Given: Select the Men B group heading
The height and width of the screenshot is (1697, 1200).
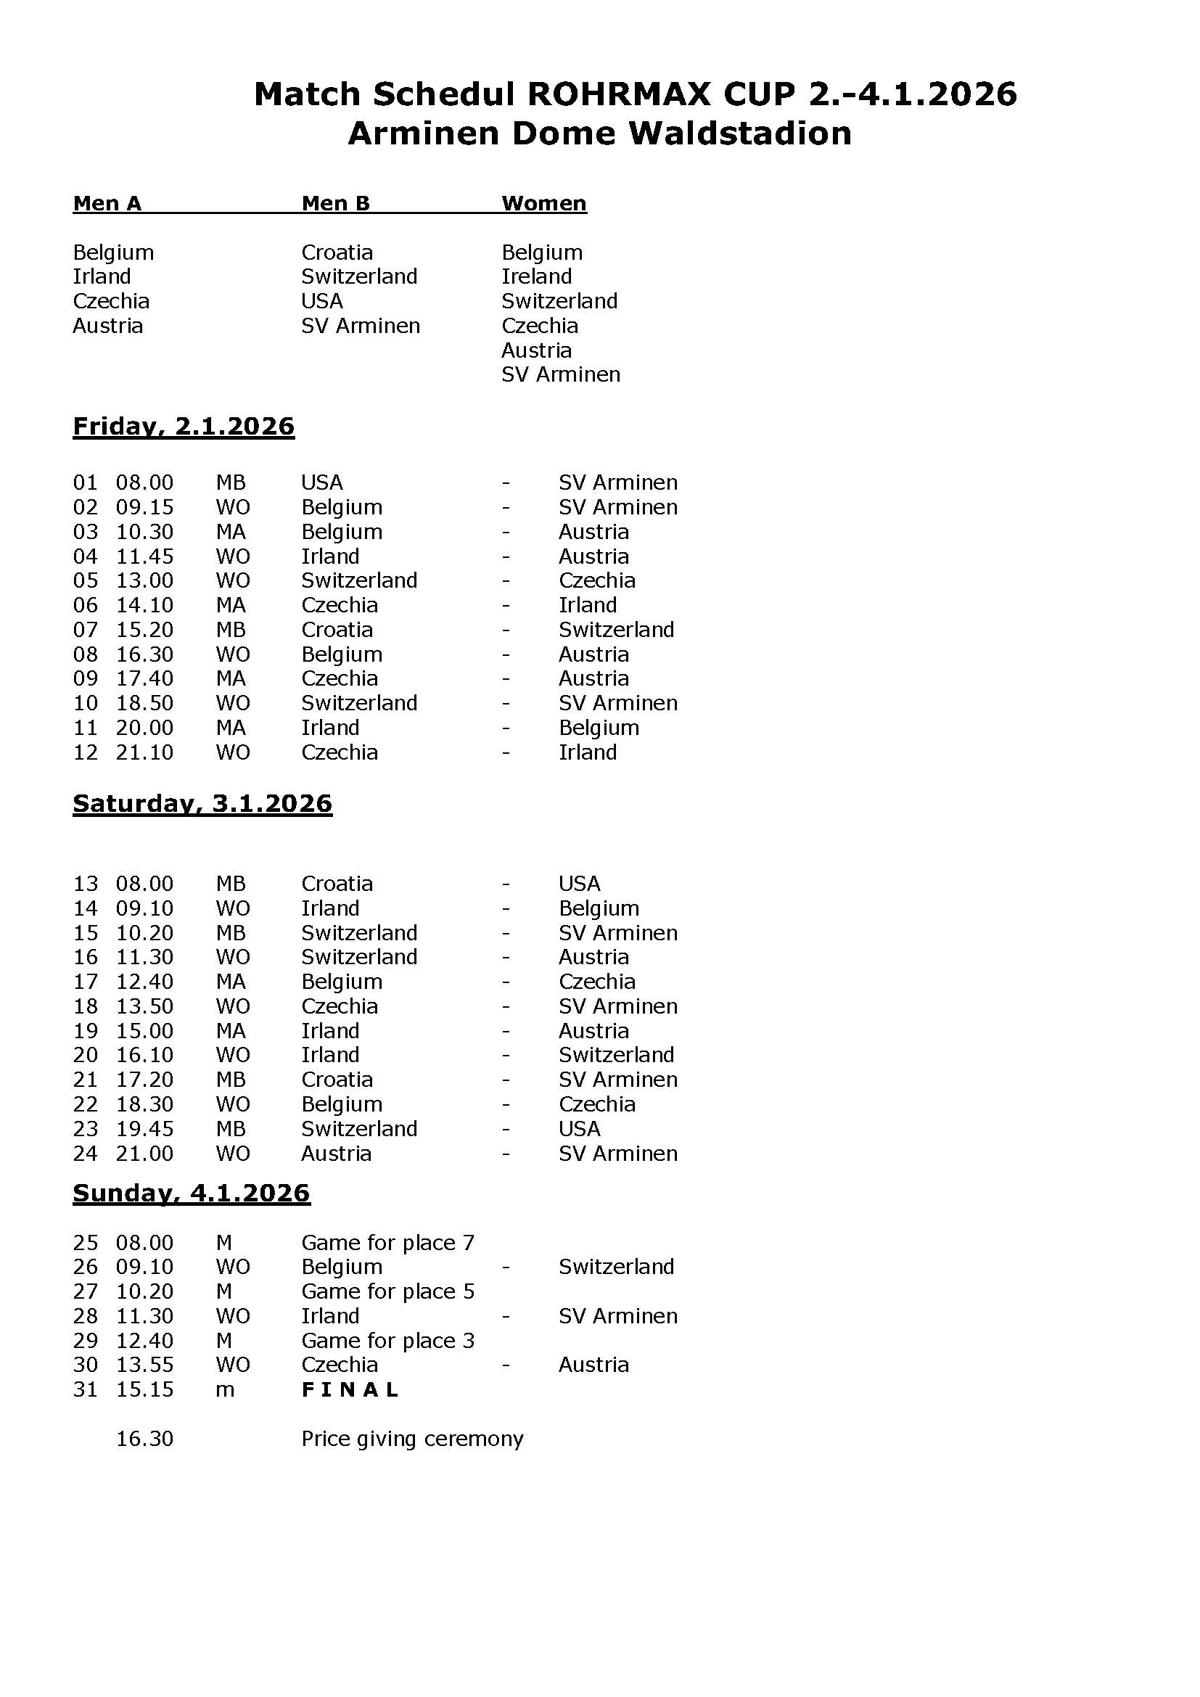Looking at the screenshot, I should click(335, 203).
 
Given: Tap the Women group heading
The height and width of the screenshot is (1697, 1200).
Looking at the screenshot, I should click(544, 203).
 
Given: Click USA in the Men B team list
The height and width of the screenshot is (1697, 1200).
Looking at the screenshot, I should click(322, 301).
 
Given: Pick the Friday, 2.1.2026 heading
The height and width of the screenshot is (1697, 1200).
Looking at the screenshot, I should click(184, 427).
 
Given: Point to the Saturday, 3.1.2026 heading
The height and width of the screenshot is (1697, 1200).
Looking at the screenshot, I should click(202, 803).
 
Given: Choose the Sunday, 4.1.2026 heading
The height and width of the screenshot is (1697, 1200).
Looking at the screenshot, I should click(192, 1193).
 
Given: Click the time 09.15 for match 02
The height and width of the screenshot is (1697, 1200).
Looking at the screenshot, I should click(145, 507).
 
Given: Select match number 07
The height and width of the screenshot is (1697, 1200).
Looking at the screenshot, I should click(85, 630).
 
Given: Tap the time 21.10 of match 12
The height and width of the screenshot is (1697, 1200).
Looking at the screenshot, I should click(145, 752).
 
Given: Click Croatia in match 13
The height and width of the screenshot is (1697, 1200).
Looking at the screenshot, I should click(337, 883).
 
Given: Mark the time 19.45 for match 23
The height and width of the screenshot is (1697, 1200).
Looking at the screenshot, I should click(145, 1129).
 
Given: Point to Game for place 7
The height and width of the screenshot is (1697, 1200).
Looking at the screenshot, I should click(388, 1242).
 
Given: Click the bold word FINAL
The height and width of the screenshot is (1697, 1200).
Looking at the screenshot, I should click(350, 1389).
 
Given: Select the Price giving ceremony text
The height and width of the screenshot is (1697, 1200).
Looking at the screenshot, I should click(412, 1438).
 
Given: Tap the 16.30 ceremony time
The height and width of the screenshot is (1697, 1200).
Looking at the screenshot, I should click(145, 1438).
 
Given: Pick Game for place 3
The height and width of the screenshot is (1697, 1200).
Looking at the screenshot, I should click(388, 1340).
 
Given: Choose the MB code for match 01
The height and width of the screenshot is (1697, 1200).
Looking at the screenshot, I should click(231, 482).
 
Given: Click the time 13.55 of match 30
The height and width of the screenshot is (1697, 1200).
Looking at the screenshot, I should click(145, 1365).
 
